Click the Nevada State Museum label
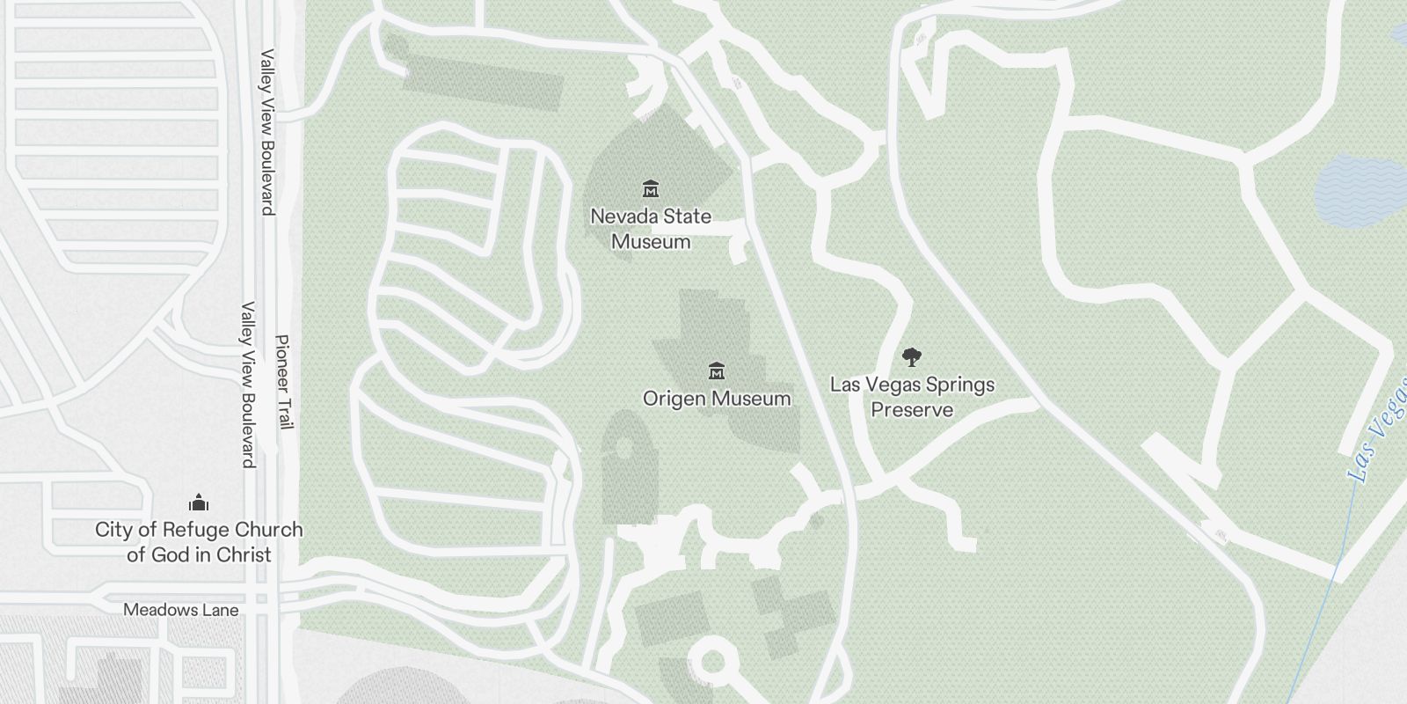pyautogui.click(x=651, y=229)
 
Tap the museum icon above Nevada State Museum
pyautogui.click(x=651, y=188)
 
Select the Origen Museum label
pyautogui.click(x=717, y=399)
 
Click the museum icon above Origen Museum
pyautogui.click(x=717, y=370)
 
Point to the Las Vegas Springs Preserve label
pyautogui.click(x=912, y=397)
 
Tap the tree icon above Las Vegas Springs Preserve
pyautogui.click(x=912, y=357)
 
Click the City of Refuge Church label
pyautogui.click(x=199, y=542)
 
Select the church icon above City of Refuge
pyautogui.click(x=199, y=502)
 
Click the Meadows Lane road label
pyautogui.click(x=180, y=609)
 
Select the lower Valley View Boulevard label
pyautogui.click(x=248, y=385)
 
